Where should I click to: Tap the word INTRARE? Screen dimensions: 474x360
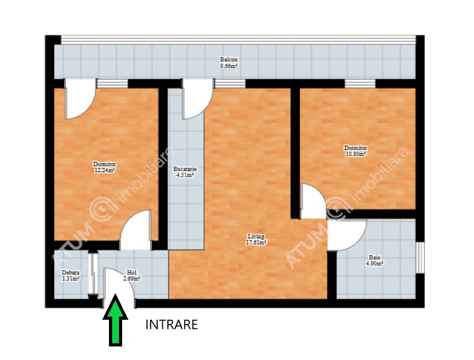(171, 325)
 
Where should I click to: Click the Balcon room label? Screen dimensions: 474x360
(228, 60)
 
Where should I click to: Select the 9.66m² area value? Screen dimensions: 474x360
(228, 66)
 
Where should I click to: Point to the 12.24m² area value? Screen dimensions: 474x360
(104, 170)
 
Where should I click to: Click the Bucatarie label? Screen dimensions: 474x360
(185, 169)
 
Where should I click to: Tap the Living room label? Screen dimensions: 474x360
(256, 236)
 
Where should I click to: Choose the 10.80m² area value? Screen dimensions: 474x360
(356, 154)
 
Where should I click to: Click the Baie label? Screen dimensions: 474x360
(374, 257)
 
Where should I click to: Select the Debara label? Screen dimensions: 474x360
(71, 272)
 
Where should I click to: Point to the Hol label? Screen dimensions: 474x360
(132, 272)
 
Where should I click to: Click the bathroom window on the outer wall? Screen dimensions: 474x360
(420, 257)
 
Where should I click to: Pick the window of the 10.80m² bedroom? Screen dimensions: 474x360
(360, 83)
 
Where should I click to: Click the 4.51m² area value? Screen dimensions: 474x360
(185, 175)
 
